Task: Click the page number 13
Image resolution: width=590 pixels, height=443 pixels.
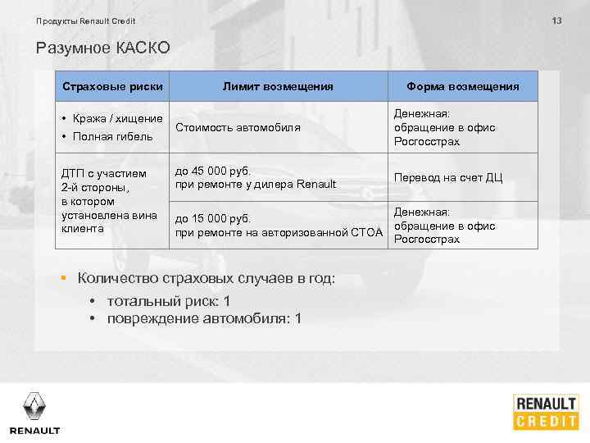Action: pyautogui.click(x=556, y=21)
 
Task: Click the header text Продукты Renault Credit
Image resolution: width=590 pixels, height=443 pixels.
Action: pyautogui.click(x=86, y=21)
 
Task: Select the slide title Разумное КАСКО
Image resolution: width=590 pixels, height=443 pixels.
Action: pyautogui.click(x=103, y=48)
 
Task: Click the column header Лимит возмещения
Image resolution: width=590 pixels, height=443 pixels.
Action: pyautogui.click(x=278, y=86)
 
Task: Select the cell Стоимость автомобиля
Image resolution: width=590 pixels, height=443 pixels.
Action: pyautogui.click(x=238, y=128)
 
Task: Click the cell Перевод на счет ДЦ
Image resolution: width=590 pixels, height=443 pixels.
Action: pyautogui.click(x=448, y=177)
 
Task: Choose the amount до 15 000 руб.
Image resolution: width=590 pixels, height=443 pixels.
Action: pyautogui.click(x=213, y=219)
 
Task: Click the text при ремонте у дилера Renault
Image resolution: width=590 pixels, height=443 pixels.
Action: pyautogui.click(x=256, y=184)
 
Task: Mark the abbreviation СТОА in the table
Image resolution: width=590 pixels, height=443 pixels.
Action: pyautogui.click(x=366, y=233)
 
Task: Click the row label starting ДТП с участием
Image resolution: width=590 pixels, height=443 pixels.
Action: pyautogui.click(x=104, y=173)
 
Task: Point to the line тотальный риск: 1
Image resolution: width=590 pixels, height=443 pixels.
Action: pyautogui.click(x=169, y=301)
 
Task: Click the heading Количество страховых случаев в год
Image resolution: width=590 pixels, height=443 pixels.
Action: pyautogui.click(x=206, y=279)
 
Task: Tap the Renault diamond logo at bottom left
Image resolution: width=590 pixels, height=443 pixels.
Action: pyautogui.click(x=34, y=407)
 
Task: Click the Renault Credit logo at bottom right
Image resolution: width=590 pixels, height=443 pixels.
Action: pyautogui.click(x=547, y=412)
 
